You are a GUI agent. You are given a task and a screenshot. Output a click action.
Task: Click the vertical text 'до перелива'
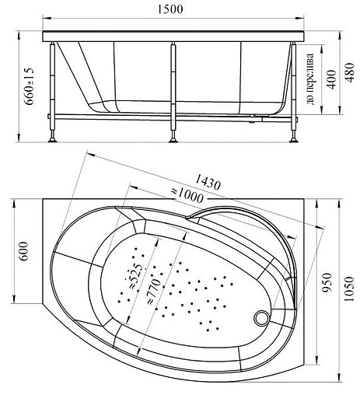pyautogui.click(x=310, y=79)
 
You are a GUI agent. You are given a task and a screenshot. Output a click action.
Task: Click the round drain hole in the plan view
pyautogui.click(x=262, y=318)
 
